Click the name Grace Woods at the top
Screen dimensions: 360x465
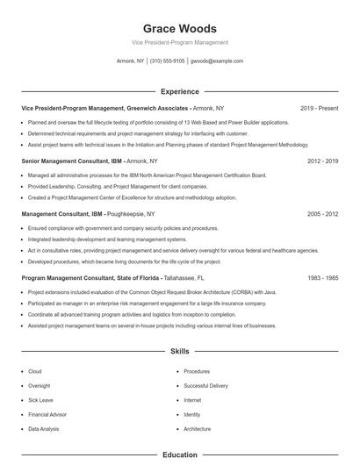tap(179, 28)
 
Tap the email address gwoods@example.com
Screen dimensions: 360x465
tap(216, 61)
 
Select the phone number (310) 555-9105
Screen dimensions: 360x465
tap(167, 61)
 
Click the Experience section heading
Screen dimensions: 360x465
tap(179, 91)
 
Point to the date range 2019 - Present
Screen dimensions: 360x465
tap(319, 108)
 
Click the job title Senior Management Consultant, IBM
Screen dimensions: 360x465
tap(71, 161)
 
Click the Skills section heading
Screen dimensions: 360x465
tap(179, 351)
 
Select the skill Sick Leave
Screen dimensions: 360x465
tap(41, 399)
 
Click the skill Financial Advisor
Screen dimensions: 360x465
tap(47, 413)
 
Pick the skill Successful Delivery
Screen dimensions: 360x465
tap(205, 385)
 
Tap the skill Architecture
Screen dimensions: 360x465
tap(197, 428)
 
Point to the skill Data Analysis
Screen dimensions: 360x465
tap(44, 428)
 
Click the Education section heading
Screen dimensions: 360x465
tap(179, 454)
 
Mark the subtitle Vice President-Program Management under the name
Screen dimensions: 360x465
tap(179, 42)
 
